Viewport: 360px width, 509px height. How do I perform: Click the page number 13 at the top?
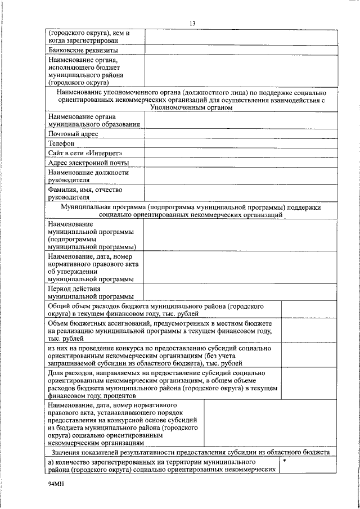pyautogui.click(x=192, y=23)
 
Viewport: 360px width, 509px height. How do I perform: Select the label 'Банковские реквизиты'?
pyautogui.click(x=83, y=50)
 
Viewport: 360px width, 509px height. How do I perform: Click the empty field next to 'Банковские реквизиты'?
pyautogui.click(x=241, y=50)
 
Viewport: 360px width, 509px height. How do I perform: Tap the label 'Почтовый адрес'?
pyautogui.click(x=74, y=134)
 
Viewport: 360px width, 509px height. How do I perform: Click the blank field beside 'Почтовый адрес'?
pyautogui.click(x=241, y=134)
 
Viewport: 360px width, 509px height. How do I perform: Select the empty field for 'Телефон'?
pyautogui.click(x=241, y=143)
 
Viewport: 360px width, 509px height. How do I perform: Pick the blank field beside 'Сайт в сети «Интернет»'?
pyautogui.click(x=241, y=153)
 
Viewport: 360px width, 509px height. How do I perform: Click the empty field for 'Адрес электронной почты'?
pyautogui.click(x=241, y=163)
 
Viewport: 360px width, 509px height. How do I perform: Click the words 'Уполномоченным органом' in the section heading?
pyautogui.click(x=192, y=107)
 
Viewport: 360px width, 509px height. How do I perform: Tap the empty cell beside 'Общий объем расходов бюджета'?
pyautogui.click(x=309, y=310)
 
